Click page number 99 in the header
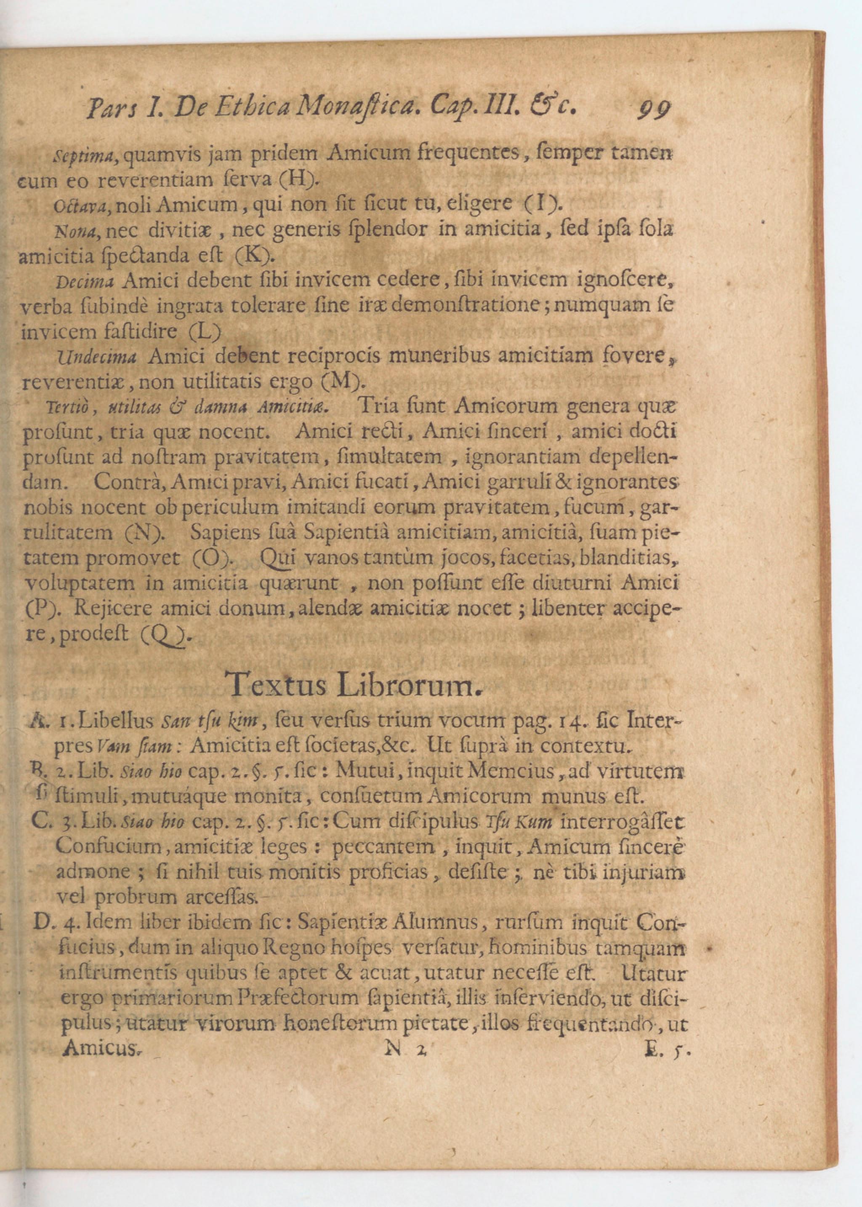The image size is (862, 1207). pyautogui.click(x=654, y=109)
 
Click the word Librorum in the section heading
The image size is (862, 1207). pyautogui.click(x=409, y=686)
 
